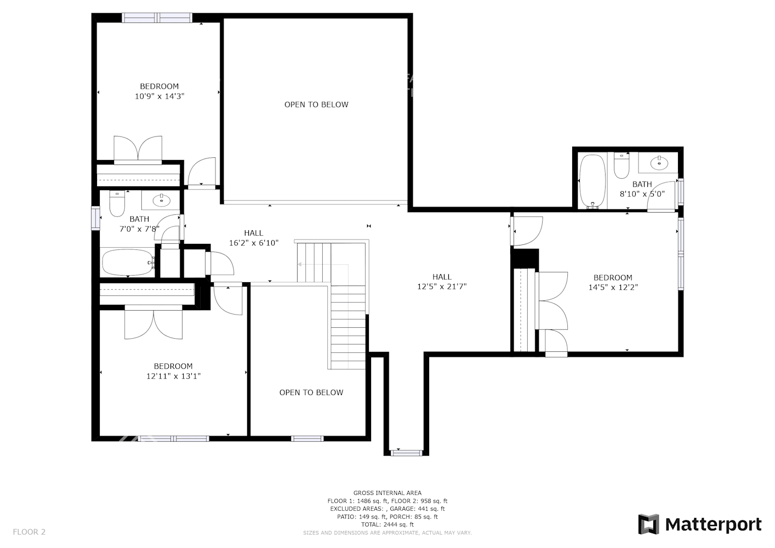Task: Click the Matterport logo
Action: click(700, 524)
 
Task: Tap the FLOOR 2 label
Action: click(29, 532)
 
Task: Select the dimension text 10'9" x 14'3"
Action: click(159, 96)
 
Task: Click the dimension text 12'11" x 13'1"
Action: click(173, 376)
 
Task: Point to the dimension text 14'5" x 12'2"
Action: click(613, 287)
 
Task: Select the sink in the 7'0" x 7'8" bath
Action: click(161, 199)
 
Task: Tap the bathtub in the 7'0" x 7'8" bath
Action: click(128, 263)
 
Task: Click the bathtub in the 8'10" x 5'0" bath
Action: click(592, 181)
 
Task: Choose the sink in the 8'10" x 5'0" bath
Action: click(658, 163)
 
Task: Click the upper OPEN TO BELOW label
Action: click(316, 105)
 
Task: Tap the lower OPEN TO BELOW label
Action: click(311, 392)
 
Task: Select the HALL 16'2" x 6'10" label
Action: click(253, 238)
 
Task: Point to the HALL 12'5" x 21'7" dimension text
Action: click(442, 287)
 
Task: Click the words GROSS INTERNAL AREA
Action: click(387, 493)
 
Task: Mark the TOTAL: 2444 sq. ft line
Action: click(387, 524)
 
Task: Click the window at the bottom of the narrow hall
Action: click(406, 453)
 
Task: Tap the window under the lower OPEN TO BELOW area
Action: click(307, 438)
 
